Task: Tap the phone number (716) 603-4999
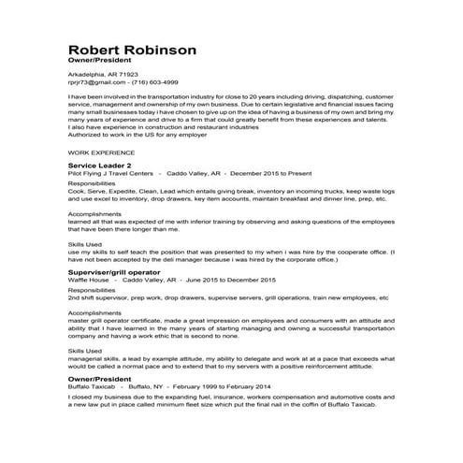(x=154, y=81)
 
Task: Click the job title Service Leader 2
(x=106, y=165)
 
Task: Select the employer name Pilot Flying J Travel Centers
(x=110, y=173)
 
